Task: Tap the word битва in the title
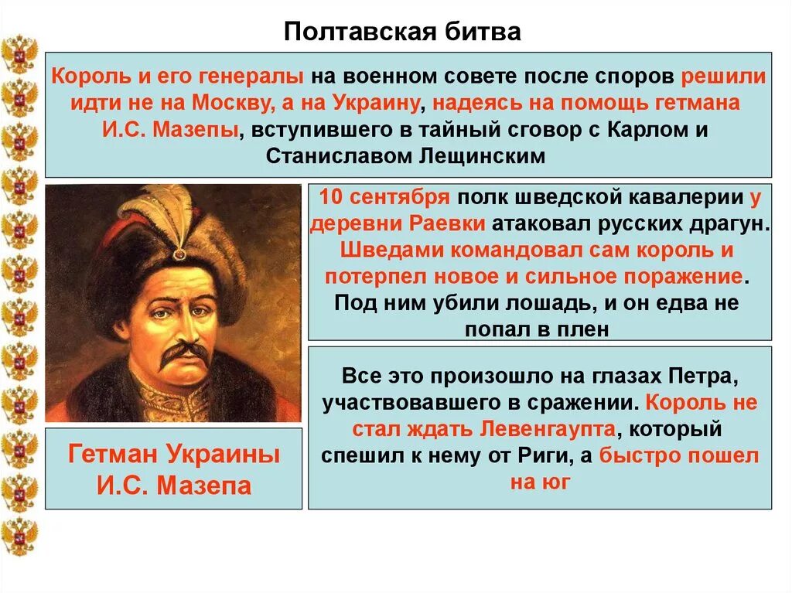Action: tap(486, 33)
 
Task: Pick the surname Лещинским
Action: tap(485, 155)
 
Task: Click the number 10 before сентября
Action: tap(330, 196)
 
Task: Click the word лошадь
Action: tap(504, 302)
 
